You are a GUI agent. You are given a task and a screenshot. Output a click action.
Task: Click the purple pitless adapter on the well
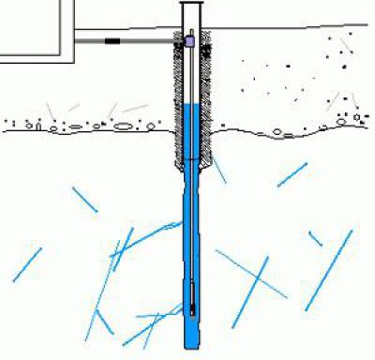pyautogui.click(x=190, y=42)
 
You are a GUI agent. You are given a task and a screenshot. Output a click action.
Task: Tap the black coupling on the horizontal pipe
pyautogui.click(x=113, y=41)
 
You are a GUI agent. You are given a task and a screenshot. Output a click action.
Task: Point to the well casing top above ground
pyautogui.click(x=191, y=9)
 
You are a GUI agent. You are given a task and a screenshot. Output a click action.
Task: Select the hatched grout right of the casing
pyautogui.click(x=208, y=103)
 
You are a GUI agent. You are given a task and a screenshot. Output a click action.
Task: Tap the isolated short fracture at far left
pyautogui.click(x=27, y=264)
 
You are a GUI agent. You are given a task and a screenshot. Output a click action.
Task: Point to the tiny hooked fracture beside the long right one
pyautogui.click(x=315, y=238)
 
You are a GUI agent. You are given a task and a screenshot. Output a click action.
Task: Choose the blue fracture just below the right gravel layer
pyautogui.click(x=292, y=174)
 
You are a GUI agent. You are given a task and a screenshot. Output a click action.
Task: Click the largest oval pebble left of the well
pyautogui.click(x=123, y=127)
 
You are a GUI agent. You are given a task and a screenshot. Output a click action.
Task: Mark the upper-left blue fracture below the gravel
pyautogui.click(x=84, y=199)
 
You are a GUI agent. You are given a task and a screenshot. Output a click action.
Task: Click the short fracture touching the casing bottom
pyautogui.click(x=217, y=170)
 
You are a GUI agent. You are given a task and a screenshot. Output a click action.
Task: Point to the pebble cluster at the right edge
pyautogui.click(x=352, y=119)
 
